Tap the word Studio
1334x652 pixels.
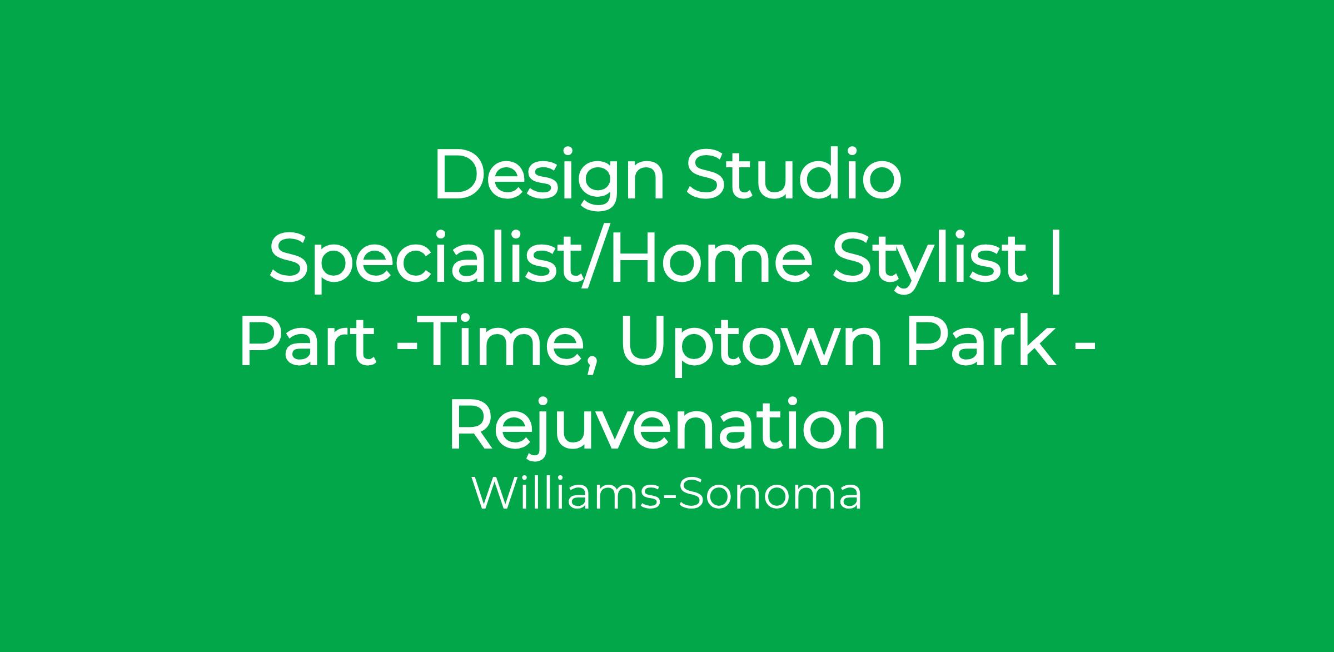(794, 173)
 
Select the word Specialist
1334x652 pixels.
(423, 261)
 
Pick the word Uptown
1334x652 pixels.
(753, 346)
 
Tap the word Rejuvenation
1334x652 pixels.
(667, 426)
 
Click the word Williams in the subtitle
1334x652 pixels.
(565, 493)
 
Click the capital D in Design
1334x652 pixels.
(461, 174)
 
